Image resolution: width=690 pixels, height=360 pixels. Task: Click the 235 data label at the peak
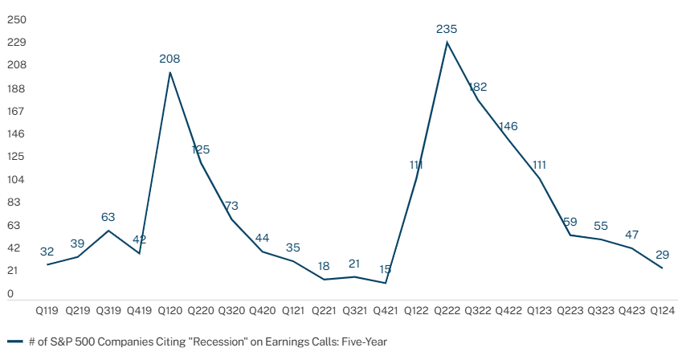tap(447, 29)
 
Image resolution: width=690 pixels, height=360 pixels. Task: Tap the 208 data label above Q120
tap(169, 59)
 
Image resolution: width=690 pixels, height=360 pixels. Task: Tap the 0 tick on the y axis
tap(10, 294)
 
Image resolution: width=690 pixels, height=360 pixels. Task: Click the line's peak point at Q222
tap(447, 42)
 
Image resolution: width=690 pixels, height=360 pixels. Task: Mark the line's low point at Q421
tap(386, 283)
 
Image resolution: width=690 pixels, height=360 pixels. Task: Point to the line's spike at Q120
tap(169, 72)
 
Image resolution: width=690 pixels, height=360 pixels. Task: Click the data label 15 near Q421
tap(386, 269)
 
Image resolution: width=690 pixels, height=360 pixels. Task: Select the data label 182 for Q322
tap(477, 87)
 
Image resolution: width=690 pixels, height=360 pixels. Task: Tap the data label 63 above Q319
tap(108, 217)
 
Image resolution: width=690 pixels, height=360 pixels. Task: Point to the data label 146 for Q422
tap(508, 126)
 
